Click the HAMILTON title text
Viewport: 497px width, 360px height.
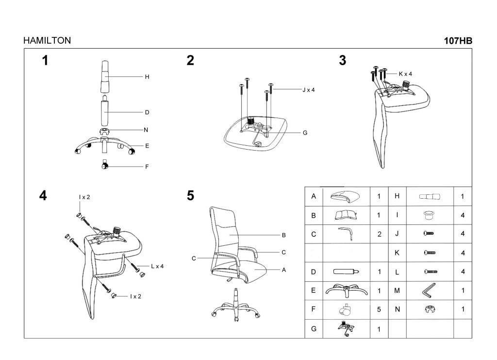[x=47, y=41]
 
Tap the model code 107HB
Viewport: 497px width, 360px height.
[x=458, y=41]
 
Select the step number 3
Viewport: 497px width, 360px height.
[x=343, y=60]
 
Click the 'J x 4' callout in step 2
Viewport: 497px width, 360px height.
[x=308, y=90]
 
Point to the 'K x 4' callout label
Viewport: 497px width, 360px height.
[x=405, y=74]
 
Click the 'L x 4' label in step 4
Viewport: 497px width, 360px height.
[x=157, y=266]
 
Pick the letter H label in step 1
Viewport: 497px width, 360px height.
[x=147, y=77]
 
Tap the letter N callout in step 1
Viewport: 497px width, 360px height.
[x=146, y=130]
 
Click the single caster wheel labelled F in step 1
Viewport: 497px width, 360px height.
[x=105, y=164]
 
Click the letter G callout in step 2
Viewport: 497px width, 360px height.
[x=305, y=133]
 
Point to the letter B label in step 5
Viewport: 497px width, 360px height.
[x=283, y=235]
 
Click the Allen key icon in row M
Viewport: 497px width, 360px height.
[x=429, y=291]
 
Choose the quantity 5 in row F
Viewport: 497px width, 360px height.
[x=379, y=309]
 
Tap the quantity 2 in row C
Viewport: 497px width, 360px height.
[x=380, y=234]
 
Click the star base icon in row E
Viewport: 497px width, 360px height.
[x=346, y=291]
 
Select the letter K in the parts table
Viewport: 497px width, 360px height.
[x=397, y=253]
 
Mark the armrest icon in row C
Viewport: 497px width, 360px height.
[x=346, y=234]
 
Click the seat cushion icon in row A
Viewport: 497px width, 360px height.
[x=345, y=197]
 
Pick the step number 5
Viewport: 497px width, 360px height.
[x=190, y=196]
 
